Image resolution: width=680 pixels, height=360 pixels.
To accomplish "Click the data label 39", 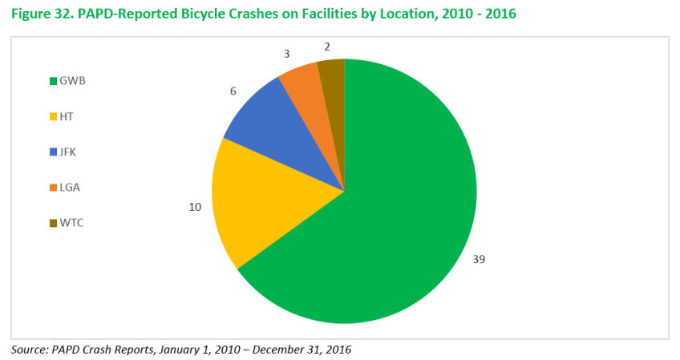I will pyautogui.click(x=479, y=259).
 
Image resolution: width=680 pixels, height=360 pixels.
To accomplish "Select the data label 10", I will pyautogui.click(x=194, y=207).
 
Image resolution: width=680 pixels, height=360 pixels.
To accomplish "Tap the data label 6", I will pyautogui.click(x=233, y=91).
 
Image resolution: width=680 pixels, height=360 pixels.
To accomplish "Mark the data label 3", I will pyautogui.click(x=285, y=53).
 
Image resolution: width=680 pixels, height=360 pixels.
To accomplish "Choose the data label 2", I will pyautogui.click(x=328, y=46).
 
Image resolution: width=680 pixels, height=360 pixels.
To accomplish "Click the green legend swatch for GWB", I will pyautogui.click(x=53, y=81).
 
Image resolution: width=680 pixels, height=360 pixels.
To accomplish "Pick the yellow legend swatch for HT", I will pyautogui.click(x=53, y=116).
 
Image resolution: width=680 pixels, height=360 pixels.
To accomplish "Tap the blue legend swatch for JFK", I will pyautogui.click(x=53, y=152).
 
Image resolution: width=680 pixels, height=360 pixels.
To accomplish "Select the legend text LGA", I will pyautogui.click(x=70, y=187).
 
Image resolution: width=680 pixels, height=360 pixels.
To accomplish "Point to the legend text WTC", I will pyautogui.click(x=71, y=222).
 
